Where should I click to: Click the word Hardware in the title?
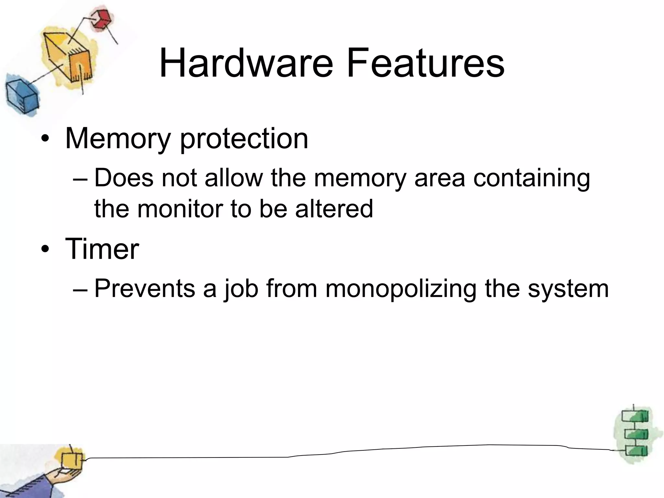pos(246,63)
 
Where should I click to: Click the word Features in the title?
pos(425,63)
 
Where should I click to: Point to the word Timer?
pos(102,249)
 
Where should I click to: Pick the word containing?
pos(531,178)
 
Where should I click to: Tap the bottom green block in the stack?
pos(635,451)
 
